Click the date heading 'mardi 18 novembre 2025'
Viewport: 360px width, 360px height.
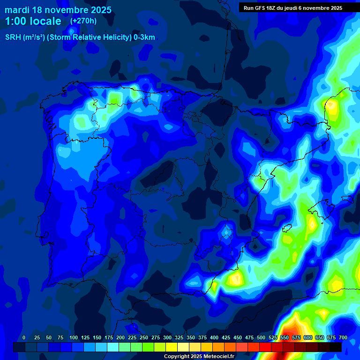pos(58,10)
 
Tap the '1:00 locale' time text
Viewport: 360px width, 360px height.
pos(33,21)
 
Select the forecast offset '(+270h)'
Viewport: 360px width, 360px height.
pos(83,21)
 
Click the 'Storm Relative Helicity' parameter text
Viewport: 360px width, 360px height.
pos(89,37)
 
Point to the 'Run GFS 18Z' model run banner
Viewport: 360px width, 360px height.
pos(263,8)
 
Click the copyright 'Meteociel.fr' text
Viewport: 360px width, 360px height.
pos(216,357)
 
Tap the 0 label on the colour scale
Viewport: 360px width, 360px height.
pos(24,337)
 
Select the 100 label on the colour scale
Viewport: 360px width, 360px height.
pos(74,337)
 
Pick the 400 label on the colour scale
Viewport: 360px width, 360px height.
pos(214,337)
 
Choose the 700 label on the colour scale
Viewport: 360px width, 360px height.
pos(343,337)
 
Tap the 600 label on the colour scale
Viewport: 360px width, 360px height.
pos(308,337)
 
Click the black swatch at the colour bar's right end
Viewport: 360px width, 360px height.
pos(336,347)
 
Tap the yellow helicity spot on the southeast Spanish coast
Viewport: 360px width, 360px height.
pos(235,279)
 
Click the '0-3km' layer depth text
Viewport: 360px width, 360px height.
pos(144,37)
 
